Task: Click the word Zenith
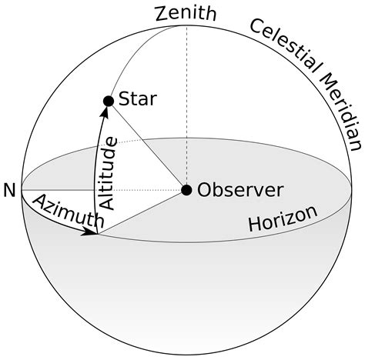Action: coord(186,13)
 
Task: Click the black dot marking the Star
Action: coord(109,101)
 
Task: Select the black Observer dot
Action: coord(186,189)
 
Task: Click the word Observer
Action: coord(240,189)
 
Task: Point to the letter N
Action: coord(9,190)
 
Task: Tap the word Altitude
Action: coord(109,173)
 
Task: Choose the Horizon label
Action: coord(283,218)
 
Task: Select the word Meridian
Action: coord(339,108)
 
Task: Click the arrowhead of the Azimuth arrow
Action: coord(92,232)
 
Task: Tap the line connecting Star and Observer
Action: coord(146,145)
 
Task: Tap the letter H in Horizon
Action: coord(253,225)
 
